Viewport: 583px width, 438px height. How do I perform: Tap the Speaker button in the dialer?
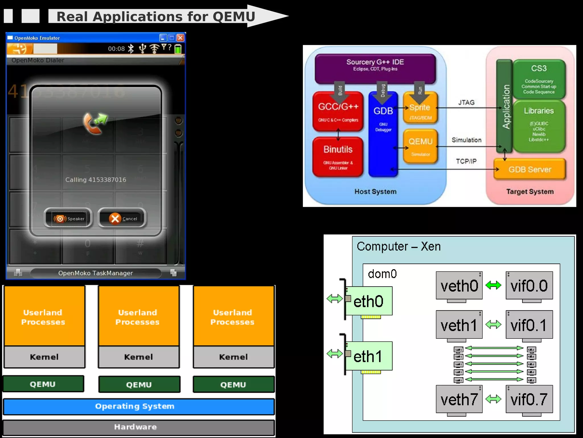69,218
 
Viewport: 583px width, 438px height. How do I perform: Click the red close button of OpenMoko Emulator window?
180,38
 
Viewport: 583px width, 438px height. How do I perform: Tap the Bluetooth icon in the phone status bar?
131,48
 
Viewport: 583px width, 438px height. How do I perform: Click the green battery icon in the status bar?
178,49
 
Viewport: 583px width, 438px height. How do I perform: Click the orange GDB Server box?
529,169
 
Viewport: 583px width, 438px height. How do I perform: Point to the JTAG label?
466,102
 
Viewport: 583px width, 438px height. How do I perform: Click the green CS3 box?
539,79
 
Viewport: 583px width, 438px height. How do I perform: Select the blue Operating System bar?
139,406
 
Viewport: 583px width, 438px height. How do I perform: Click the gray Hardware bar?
139,427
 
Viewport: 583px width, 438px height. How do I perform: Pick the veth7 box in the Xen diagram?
459,399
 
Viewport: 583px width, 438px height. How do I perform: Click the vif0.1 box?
529,325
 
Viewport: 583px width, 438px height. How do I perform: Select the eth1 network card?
368,356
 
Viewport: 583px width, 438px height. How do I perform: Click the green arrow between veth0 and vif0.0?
493,285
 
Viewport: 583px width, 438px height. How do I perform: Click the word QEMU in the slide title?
234,17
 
